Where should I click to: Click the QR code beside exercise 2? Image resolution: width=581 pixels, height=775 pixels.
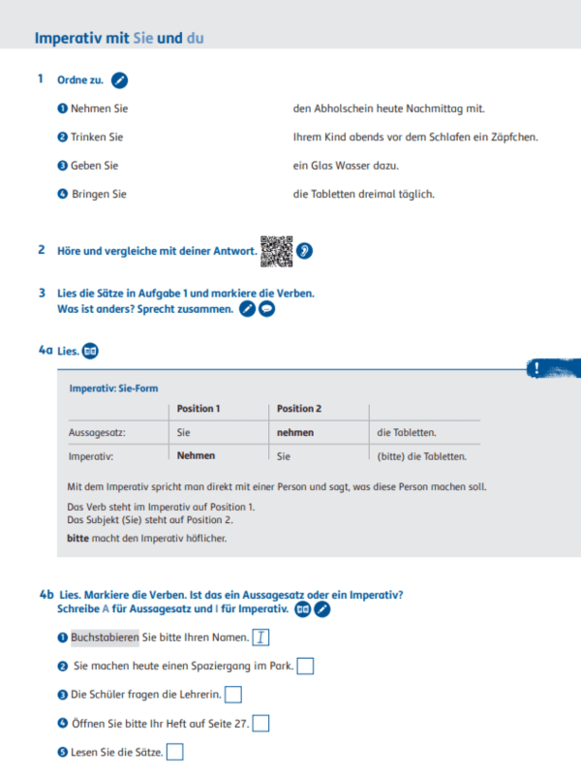tap(276, 250)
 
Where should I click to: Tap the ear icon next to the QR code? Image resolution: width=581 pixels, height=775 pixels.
tap(305, 250)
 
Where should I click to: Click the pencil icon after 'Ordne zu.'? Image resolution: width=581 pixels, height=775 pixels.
tap(119, 80)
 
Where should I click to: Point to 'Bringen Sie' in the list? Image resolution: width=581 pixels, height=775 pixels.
tap(99, 194)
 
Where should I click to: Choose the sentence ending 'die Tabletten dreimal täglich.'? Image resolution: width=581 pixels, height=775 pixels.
tap(363, 194)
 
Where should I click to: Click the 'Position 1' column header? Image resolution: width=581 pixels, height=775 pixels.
tap(199, 409)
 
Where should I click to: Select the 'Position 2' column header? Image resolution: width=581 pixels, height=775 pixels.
tap(299, 409)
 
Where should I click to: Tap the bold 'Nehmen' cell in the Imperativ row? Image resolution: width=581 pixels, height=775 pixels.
tap(197, 455)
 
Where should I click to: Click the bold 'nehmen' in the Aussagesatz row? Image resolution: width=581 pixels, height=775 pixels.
tap(295, 432)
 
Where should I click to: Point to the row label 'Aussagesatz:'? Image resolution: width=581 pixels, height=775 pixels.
tap(98, 432)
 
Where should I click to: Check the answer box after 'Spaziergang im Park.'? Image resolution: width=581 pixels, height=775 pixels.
tap(305, 666)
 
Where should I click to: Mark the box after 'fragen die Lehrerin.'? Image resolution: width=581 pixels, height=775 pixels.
tap(232, 694)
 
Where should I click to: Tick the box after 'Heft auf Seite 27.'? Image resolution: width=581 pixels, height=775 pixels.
tap(260, 723)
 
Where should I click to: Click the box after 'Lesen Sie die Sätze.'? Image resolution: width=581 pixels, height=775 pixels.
tap(175, 752)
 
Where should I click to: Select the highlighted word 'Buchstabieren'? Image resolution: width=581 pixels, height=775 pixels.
tap(105, 637)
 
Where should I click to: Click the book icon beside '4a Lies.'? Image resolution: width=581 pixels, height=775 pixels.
tap(90, 351)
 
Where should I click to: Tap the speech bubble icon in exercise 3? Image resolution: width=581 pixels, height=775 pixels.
tap(266, 309)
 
